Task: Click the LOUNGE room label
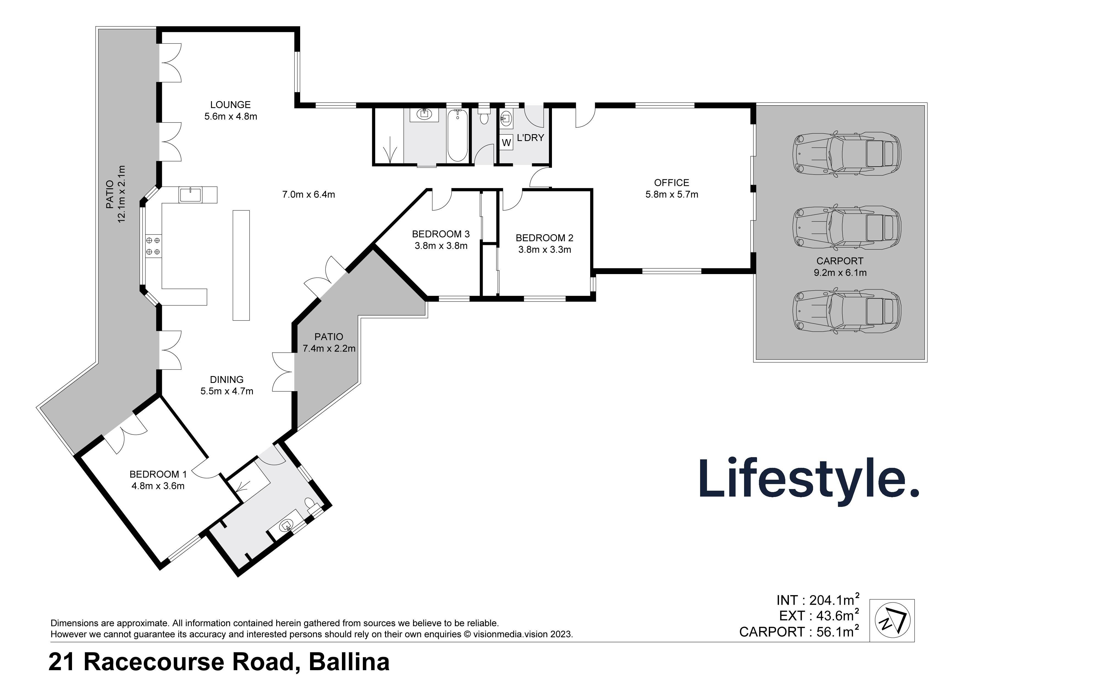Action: pyautogui.click(x=230, y=105)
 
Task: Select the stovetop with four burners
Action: pyautogui.click(x=153, y=246)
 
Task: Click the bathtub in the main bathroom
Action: pyautogui.click(x=457, y=135)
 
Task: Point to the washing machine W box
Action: pyautogui.click(x=506, y=143)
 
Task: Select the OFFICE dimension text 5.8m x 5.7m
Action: pyautogui.click(x=672, y=194)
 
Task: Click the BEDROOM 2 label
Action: pyautogui.click(x=544, y=238)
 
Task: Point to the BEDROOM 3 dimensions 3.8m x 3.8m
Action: pyautogui.click(x=441, y=246)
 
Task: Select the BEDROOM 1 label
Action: pyautogui.click(x=158, y=474)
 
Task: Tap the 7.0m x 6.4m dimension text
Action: pyautogui.click(x=308, y=194)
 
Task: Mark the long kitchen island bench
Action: pyautogui.click(x=241, y=265)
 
